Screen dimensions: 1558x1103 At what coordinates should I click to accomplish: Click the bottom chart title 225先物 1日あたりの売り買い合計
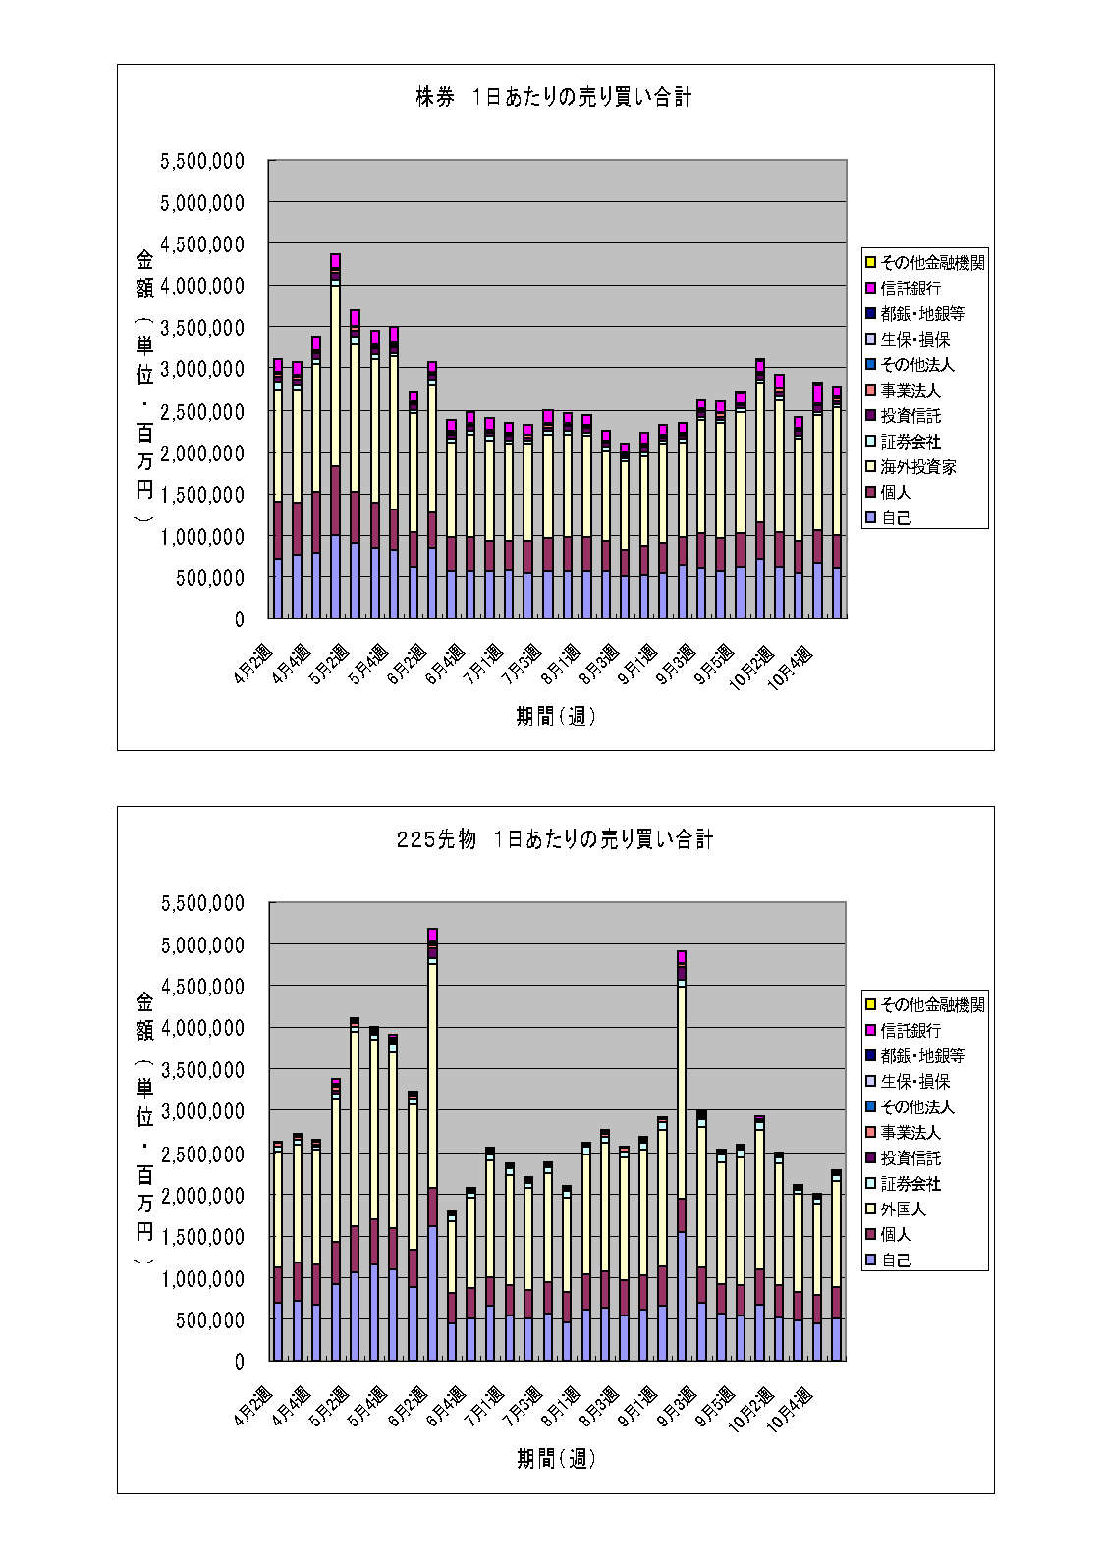[x=554, y=839]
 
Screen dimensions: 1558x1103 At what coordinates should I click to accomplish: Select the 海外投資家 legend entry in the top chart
[x=917, y=467]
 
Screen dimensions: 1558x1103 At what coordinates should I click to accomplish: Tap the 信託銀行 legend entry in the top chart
[x=910, y=289]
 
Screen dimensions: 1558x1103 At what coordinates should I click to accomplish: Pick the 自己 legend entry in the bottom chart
[x=895, y=1261]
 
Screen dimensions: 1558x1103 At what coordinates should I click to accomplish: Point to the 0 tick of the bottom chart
[x=239, y=1362]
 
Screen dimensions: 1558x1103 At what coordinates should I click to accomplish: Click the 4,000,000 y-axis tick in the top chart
[x=202, y=286]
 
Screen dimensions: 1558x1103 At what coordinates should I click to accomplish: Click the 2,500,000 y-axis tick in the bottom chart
[x=202, y=1154]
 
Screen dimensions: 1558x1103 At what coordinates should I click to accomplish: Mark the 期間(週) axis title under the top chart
[x=556, y=717]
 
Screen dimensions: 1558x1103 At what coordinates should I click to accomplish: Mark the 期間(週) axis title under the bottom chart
[x=556, y=1459]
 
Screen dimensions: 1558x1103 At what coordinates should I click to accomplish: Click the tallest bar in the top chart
[x=335, y=442]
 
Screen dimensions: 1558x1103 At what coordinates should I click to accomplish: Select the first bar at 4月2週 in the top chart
[x=278, y=491]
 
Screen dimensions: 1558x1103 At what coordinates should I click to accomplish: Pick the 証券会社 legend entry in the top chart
[x=910, y=442]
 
